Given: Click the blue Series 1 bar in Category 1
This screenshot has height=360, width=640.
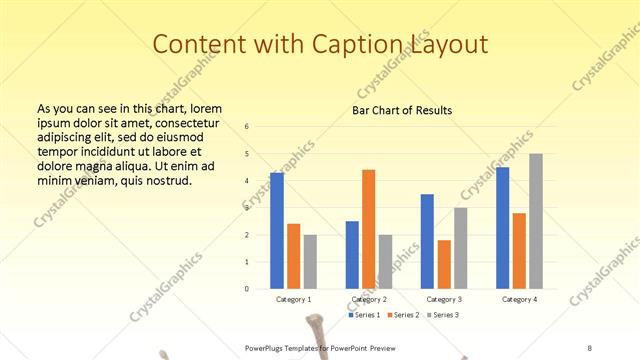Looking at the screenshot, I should (277, 231).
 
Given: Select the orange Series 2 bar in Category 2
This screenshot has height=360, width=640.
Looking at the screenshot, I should (368, 229).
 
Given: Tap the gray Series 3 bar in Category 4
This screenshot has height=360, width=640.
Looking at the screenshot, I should (536, 221).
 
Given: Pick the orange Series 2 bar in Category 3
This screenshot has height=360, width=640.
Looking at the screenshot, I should (444, 264).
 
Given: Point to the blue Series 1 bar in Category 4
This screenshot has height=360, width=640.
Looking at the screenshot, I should (502, 228).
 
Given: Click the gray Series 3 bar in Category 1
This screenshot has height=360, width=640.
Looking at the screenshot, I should (310, 262).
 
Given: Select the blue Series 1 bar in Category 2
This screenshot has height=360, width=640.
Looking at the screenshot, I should (352, 255).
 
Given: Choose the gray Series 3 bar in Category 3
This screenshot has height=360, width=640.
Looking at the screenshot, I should (460, 248).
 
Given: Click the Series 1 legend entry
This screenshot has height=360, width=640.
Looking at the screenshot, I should (365, 315).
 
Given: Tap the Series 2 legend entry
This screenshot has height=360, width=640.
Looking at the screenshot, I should (403, 315).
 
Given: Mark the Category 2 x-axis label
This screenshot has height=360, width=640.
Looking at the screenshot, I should (369, 299).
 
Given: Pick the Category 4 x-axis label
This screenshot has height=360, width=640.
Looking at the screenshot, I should (518, 299).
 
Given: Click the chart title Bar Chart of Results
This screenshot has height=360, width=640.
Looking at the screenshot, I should (402, 110).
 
